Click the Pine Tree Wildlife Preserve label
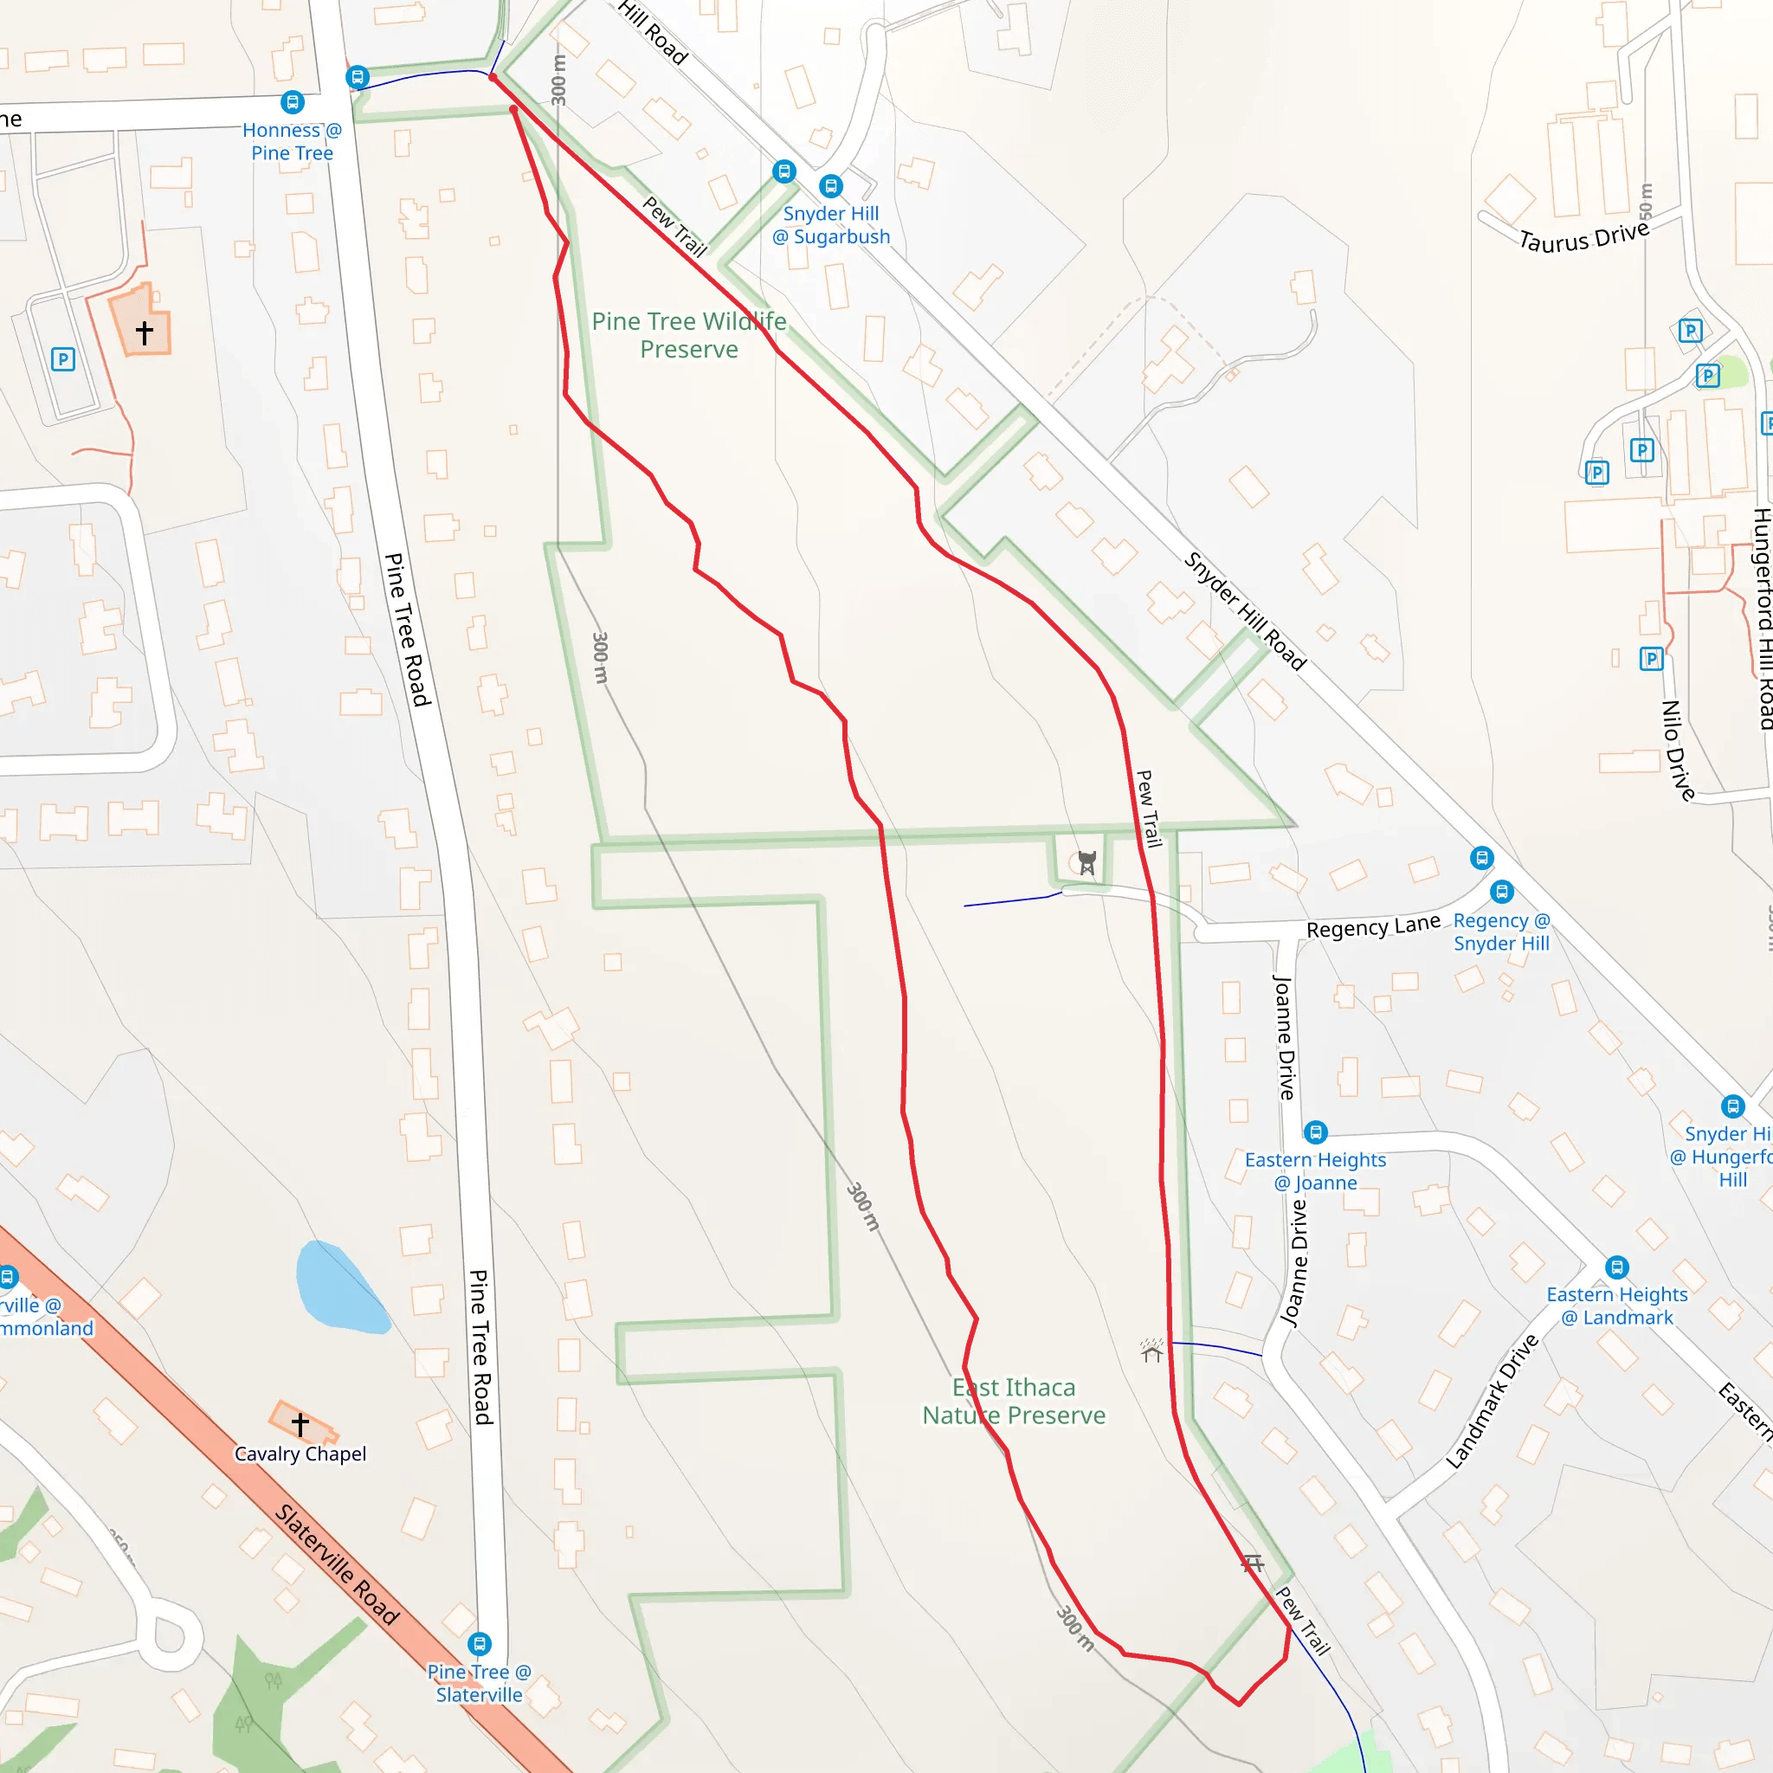688,335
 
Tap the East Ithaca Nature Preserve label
1013,1402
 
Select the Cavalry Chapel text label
300,1454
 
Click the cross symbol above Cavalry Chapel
300,1424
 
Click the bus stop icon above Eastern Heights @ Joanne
1315,1132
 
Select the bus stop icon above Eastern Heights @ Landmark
1617,1267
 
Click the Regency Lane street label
1373,927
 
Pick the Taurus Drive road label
1584,236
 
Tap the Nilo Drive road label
1679,751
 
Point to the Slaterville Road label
337,1563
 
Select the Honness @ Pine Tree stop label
292,141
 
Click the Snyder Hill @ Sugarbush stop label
830,225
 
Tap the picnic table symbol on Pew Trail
1253,1562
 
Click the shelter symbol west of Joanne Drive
1151,1351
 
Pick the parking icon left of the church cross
62,358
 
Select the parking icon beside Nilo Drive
1651,658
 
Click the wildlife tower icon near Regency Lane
1086,862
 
